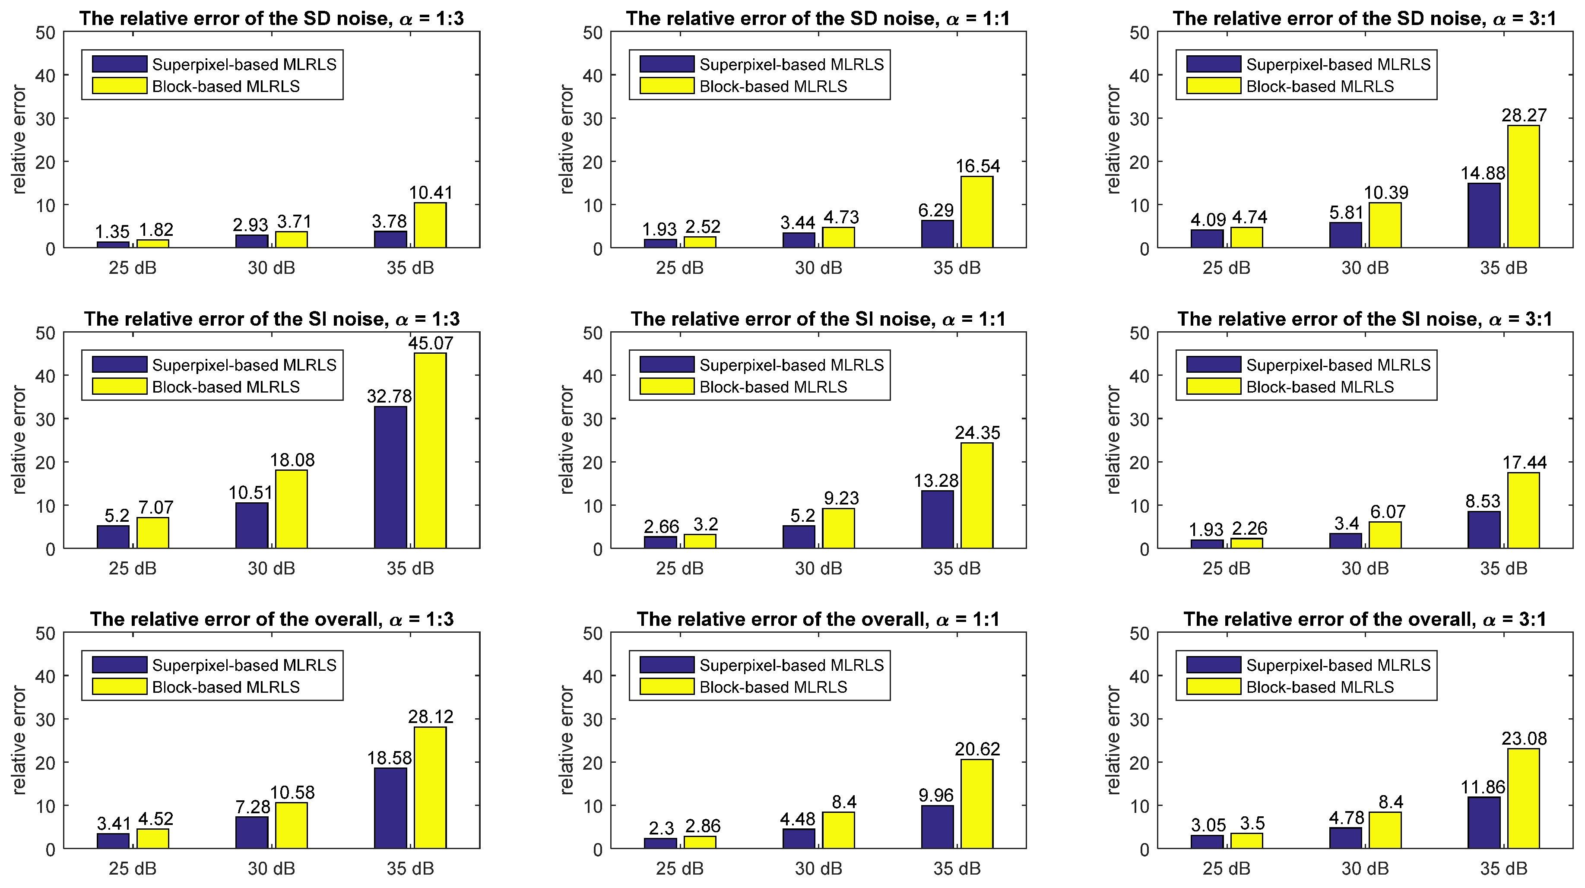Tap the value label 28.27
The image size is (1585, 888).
point(1524,115)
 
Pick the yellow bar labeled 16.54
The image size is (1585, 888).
point(976,212)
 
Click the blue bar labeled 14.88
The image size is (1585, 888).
point(1484,216)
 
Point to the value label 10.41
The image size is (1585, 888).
point(430,193)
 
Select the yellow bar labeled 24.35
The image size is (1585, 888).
point(976,495)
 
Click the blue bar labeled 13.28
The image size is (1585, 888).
point(937,520)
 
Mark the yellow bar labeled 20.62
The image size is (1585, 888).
point(976,804)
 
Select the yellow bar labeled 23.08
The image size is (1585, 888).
point(1524,798)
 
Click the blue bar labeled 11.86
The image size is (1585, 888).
point(1484,823)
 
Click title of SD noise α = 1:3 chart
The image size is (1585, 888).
point(271,19)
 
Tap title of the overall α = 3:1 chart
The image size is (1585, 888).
point(1365,619)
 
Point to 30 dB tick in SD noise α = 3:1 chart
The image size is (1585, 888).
point(1365,268)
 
